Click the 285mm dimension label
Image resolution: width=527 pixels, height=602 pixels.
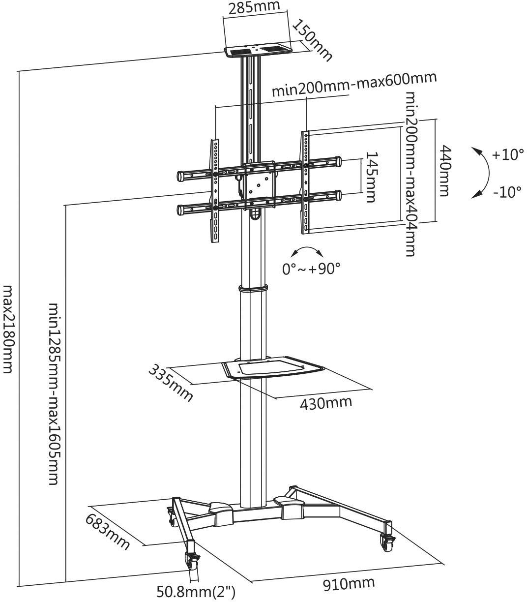tap(255, 7)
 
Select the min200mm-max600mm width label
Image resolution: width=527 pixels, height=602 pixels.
tap(354, 85)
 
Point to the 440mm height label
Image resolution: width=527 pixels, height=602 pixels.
tap(444, 170)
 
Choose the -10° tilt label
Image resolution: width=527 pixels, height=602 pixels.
tap(507, 192)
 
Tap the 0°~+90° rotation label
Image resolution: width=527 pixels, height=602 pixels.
tap(311, 269)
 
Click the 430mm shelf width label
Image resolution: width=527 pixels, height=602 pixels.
tap(326, 403)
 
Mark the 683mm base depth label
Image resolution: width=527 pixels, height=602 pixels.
tap(108, 533)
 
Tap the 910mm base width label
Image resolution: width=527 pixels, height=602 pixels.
tap(348, 584)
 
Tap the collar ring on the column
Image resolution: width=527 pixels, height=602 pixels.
tap(253, 289)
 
